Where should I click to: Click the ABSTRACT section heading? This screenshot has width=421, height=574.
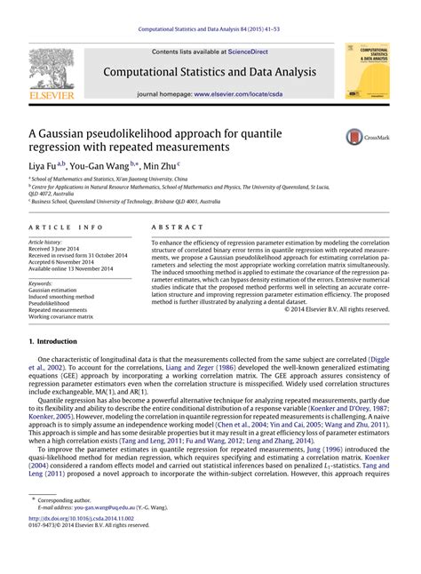click(177, 227)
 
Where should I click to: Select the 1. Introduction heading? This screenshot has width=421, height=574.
click(57, 341)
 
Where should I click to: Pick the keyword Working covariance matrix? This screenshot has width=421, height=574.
click(61, 315)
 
